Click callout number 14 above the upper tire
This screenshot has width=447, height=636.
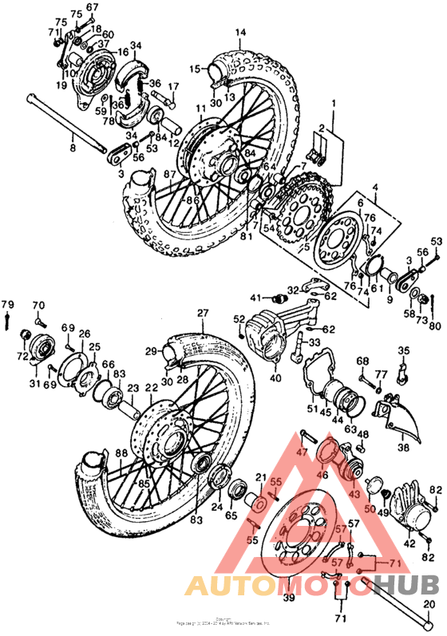[239, 33]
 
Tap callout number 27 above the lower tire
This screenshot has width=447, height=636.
[203, 312]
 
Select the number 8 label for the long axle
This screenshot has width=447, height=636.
[71, 148]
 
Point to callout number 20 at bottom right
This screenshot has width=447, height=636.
[429, 603]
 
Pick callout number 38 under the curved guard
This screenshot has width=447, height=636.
[403, 448]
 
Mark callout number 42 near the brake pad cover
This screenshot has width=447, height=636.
[410, 543]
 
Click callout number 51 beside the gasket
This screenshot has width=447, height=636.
[312, 410]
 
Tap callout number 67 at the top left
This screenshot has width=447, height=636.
[93, 7]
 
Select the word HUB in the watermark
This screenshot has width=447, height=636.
[408, 587]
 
